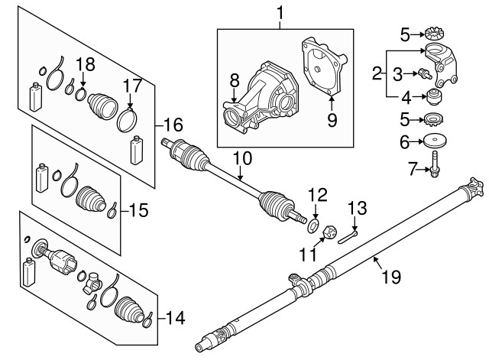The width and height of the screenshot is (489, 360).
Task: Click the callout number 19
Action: tap(391, 277)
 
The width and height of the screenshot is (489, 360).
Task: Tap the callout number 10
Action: tap(242, 158)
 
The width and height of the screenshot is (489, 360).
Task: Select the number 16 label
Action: tap(173, 125)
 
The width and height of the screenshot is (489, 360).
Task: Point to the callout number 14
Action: tap(176, 318)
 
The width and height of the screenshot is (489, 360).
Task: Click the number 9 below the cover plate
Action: tap(332, 120)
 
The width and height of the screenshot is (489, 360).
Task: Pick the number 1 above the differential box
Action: tap(280, 14)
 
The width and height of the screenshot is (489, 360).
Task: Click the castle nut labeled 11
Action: tap(330, 232)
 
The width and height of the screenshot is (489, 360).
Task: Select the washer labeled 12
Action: tap(313, 225)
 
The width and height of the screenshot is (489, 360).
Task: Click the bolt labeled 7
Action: tap(435, 164)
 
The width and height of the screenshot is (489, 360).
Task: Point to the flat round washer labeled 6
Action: tap(436, 141)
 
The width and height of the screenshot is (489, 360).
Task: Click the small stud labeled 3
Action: tap(425, 74)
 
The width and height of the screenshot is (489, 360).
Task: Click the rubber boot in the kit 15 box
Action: tap(91, 199)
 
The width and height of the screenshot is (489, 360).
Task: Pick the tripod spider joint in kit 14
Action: tap(92, 282)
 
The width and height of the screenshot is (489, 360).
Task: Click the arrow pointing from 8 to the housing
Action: tap(235, 96)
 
